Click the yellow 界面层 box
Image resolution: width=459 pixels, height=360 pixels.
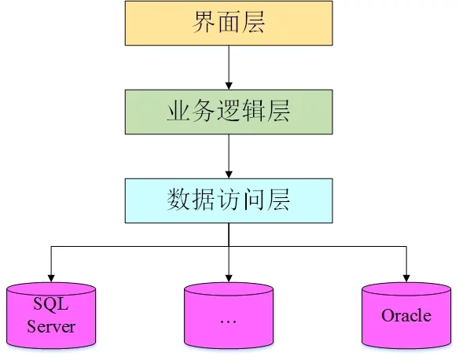[x=229, y=23]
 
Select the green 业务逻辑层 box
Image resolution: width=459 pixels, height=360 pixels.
[x=229, y=112]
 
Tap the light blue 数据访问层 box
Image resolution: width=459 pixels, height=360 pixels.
[x=229, y=200]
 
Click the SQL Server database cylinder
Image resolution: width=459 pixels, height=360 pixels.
[x=51, y=315]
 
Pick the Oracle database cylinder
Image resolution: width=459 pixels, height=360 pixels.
[x=406, y=315]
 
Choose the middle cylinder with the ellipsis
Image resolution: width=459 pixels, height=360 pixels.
[x=229, y=315]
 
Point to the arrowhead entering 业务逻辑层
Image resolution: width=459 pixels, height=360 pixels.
[x=229, y=86]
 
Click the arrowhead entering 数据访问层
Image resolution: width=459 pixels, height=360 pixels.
[x=229, y=174]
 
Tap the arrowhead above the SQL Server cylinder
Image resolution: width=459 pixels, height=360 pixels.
[x=51, y=278]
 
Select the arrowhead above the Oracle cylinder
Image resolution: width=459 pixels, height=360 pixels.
[x=406, y=278]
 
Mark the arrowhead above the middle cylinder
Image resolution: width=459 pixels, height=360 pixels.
[x=229, y=278]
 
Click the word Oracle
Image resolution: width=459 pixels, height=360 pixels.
[x=406, y=315]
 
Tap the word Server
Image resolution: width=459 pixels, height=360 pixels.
[x=51, y=326]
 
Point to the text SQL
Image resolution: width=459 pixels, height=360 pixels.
[x=51, y=304]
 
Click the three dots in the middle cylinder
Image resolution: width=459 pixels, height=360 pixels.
[x=229, y=322]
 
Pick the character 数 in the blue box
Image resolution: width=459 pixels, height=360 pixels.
[x=178, y=200]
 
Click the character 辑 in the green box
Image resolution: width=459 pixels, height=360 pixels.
[x=253, y=111]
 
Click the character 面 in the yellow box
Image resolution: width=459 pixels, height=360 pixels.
[x=229, y=22]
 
